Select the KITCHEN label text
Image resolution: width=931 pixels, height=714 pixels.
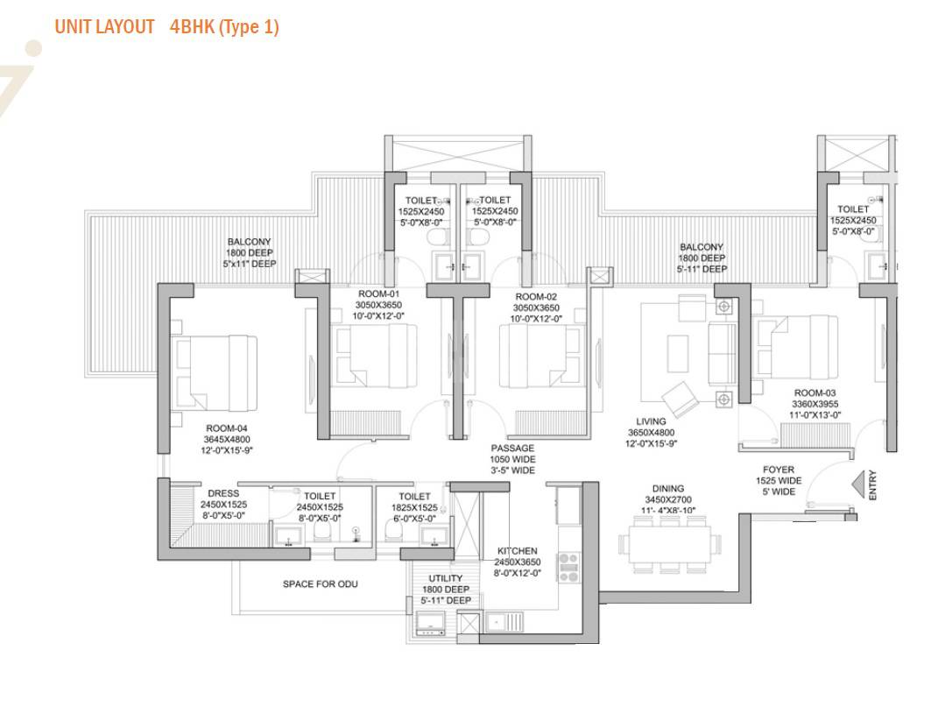click(517, 551)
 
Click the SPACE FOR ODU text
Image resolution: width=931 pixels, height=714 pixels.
click(320, 584)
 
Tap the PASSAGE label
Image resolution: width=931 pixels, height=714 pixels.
click(512, 449)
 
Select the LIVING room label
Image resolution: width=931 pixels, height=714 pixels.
click(651, 421)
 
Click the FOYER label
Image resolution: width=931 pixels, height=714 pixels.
click(778, 470)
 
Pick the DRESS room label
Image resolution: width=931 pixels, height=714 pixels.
click(223, 494)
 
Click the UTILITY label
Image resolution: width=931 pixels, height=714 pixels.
click(446, 579)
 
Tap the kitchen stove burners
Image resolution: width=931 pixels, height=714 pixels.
click(568, 563)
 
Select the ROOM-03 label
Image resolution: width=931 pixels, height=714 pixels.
click(816, 393)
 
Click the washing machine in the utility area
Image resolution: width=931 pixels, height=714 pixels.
click(431, 623)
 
